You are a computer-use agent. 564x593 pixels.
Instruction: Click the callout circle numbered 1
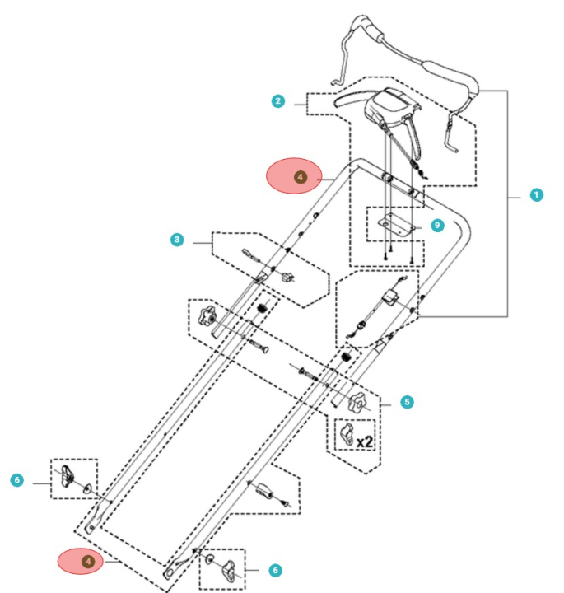tap(536, 195)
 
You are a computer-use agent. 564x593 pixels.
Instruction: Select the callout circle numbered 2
tap(278, 101)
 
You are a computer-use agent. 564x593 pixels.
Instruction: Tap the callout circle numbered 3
tap(177, 240)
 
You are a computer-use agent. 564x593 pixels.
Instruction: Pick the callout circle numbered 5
tap(407, 402)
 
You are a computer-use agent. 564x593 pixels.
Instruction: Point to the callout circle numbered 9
tap(437, 224)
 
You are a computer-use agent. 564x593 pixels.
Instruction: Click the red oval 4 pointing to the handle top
tap(299, 176)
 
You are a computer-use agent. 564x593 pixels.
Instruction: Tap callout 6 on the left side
tap(17, 479)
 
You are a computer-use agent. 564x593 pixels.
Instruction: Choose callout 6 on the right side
tap(275, 569)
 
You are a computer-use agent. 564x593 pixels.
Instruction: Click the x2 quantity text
tap(364, 441)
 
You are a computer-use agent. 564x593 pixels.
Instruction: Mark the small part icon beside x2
tap(345, 433)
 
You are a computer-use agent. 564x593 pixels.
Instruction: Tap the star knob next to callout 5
tap(360, 404)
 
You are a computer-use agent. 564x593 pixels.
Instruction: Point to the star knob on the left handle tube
tap(206, 314)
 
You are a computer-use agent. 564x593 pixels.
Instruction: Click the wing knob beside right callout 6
tap(233, 567)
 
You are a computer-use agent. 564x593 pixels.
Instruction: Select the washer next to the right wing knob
tap(212, 562)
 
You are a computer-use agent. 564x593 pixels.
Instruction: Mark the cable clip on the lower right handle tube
tap(267, 492)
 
